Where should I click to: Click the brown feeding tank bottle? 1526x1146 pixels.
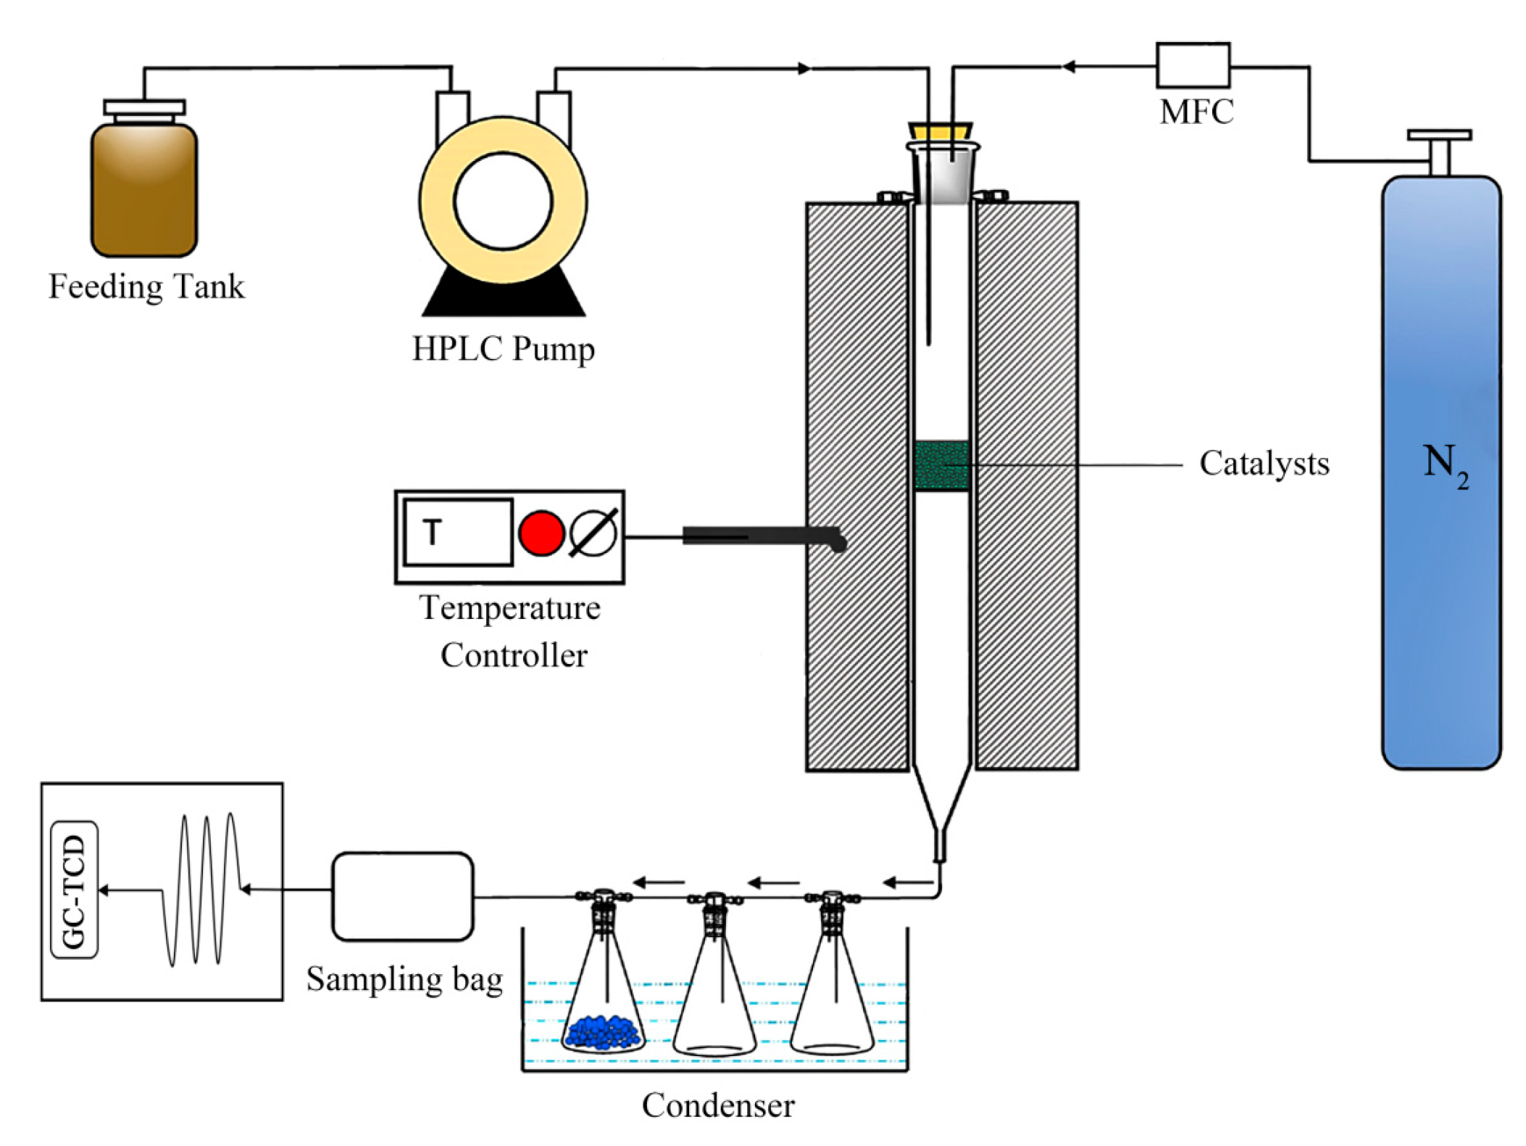[143, 191]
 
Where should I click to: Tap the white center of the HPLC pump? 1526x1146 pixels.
[502, 201]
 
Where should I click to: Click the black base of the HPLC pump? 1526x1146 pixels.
[503, 297]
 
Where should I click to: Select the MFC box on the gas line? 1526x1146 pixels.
[1191, 65]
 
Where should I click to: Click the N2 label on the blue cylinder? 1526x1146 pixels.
[1442, 464]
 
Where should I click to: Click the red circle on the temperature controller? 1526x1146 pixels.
[541, 533]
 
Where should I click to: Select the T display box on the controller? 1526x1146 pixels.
[458, 531]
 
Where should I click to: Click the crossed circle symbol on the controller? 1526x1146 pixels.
[593, 533]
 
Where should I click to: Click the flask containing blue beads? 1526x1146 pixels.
[603, 1008]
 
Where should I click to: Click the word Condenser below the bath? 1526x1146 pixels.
[717, 1105]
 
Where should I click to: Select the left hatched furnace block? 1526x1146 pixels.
[856, 486]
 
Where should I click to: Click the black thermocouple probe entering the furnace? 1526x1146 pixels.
[761, 536]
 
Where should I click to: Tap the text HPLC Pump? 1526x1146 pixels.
[503, 349]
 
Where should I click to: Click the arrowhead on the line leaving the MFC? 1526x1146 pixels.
[1068, 67]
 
